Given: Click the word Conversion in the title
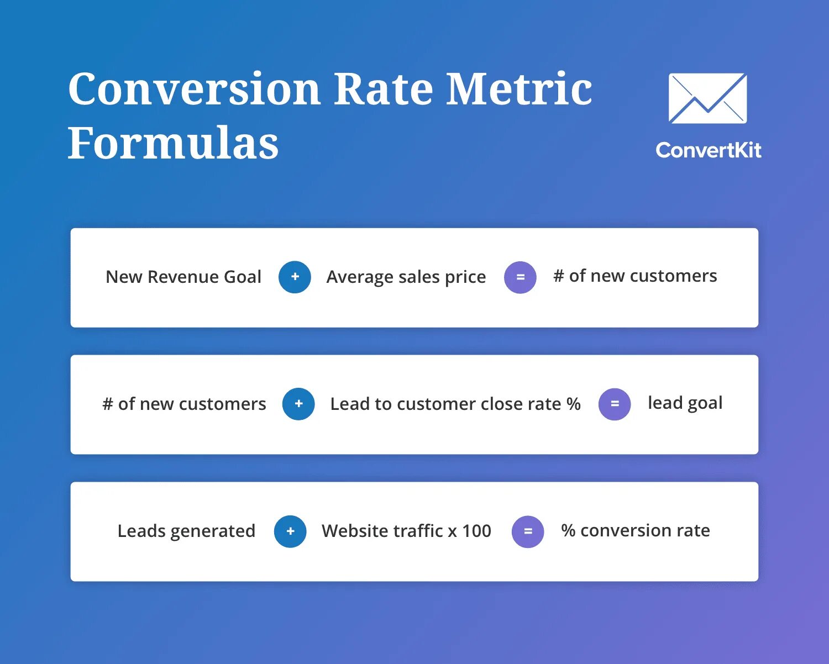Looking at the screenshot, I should (x=194, y=89).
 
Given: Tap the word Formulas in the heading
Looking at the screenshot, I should (x=173, y=143).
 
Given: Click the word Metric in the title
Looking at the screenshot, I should (x=518, y=89).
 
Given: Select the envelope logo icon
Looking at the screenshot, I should (x=707, y=98).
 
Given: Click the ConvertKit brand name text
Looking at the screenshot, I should (x=708, y=150).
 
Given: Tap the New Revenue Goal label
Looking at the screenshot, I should (x=183, y=277).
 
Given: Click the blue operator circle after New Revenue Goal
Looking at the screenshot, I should (x=295, y=277).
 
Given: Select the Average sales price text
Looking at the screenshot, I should (x=406, y=277).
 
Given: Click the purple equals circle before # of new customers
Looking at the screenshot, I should (x=520, y=277).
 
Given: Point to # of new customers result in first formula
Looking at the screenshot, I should (x=635, y=276).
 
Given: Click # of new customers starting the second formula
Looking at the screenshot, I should (x=184, y=404).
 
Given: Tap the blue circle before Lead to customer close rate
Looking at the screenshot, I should (x=298, y=404).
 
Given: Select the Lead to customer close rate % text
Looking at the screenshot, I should (x=455, y=404).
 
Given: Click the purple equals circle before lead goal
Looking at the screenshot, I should (x=615, y=404).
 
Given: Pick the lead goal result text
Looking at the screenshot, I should (x=685, y=403).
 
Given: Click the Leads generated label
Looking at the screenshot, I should (x=186, y=531).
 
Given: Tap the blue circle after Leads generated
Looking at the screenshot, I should (x=290, y=531).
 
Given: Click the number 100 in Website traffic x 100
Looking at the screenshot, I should (x=476, y=531).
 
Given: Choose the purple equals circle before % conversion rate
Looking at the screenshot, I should (x=528, y=531).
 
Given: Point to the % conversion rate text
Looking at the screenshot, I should (x=635, y=530).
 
